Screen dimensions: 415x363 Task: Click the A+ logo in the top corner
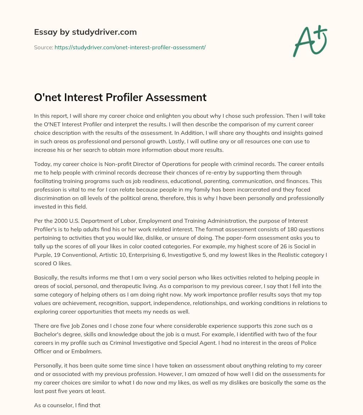click(x=309, y=41)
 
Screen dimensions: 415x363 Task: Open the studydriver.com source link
click(x=130, y=47)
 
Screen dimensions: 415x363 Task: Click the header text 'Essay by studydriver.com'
click(x=85, y=32)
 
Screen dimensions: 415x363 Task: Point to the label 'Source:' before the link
click(x=43, y=47)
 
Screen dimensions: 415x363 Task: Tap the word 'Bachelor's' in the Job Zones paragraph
click(x=49, y=334)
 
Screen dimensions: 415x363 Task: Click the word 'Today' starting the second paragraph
click(x=41, y=164)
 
